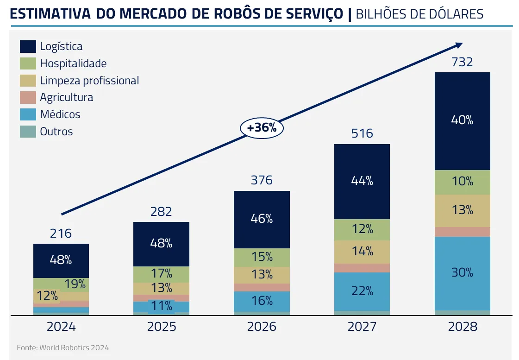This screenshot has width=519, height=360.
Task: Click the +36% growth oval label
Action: click(262, 128)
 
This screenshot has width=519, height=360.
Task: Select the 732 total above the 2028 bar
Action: click(462, 62)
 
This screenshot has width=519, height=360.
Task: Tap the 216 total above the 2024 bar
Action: click(61, 233)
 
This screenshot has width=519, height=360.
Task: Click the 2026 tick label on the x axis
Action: click(262, 327)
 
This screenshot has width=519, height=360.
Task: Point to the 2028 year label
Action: click(462, 327)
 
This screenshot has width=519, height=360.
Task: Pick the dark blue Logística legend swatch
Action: click(28, 46)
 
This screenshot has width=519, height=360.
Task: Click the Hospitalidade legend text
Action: click(73, 63)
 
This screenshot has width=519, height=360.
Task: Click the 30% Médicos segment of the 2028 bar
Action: click(462, 273)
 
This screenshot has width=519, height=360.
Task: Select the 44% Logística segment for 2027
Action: click(362, 181)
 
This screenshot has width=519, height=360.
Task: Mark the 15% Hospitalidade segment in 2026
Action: click(262, 257)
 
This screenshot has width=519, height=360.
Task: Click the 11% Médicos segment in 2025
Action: click(161, 306)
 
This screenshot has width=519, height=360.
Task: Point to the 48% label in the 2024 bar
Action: click(61, 260)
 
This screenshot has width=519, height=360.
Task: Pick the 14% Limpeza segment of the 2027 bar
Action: click(362, 252)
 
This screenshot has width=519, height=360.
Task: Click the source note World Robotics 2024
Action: click(63, 347)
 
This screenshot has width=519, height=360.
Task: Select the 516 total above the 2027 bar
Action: click(362, 133)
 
